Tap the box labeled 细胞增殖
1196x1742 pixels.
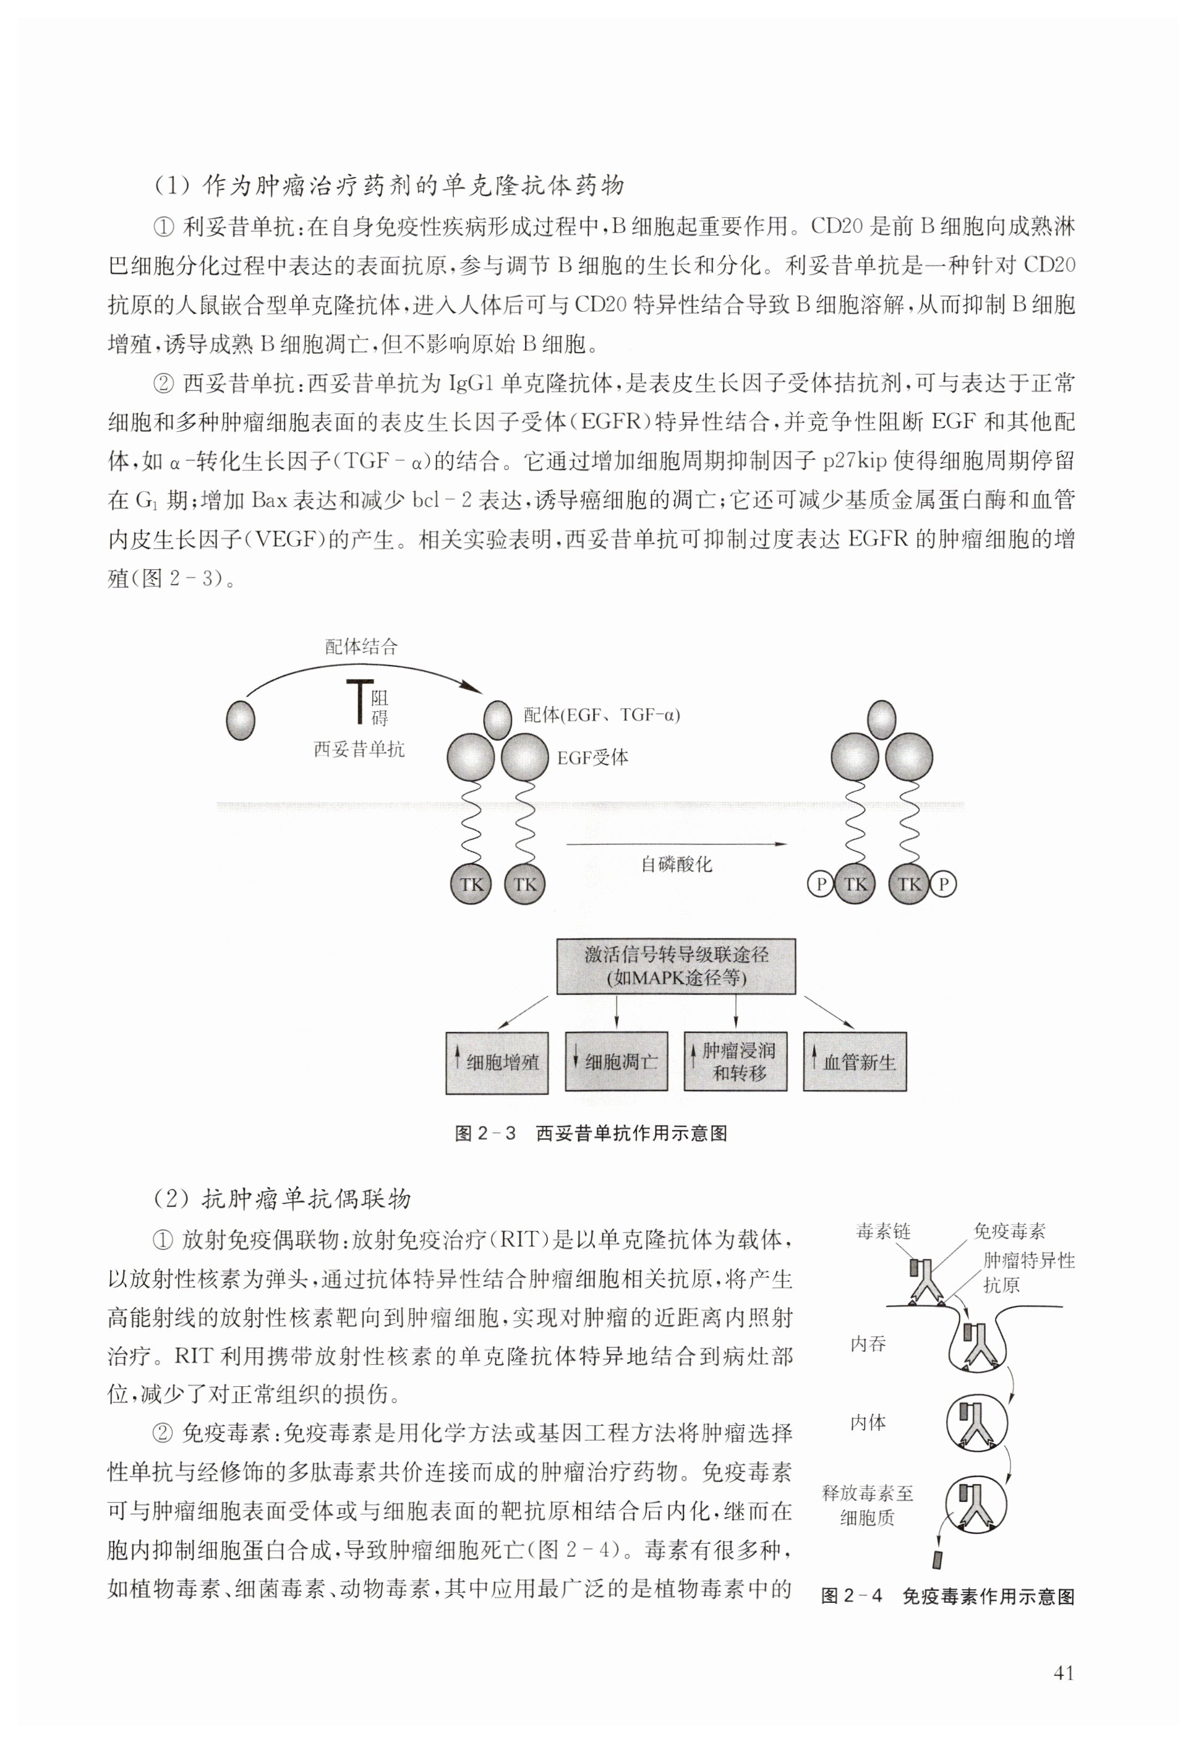[x=497, y=1062]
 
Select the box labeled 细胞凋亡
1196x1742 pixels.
[x=616, y=1062]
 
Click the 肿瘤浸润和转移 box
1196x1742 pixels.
[x=735, y=1062]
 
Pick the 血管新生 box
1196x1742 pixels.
[x=854, y=1062]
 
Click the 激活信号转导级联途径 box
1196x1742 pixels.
[x=676, y=966]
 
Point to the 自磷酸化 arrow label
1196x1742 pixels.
[x=676, y=864]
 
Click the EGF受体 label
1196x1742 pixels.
[x=592, y=758]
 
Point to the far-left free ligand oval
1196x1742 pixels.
[x=241, y=719]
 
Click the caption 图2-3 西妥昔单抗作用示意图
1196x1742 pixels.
[x=591, y=1133]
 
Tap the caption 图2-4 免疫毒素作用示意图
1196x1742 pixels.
[x=948, y=1597]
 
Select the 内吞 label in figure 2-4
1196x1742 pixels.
[x=868, y=1344]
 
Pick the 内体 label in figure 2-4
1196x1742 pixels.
[x=868, y=1422]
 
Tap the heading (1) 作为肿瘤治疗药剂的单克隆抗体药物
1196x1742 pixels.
[x=389, y=185]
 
